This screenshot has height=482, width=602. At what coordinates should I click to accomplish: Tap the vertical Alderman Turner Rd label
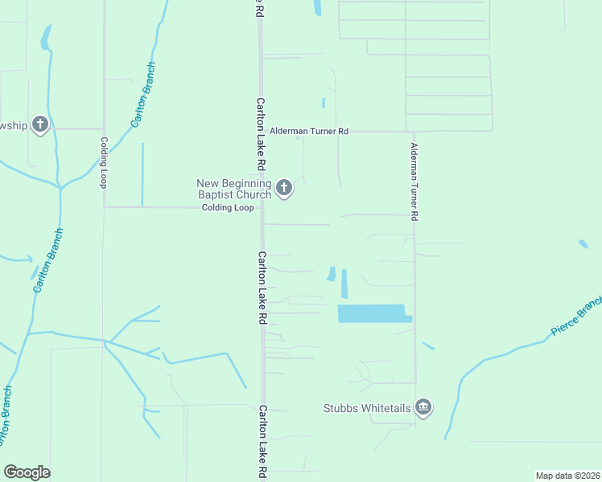point(414,182)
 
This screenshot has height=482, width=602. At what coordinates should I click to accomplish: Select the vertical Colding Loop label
point(104,162)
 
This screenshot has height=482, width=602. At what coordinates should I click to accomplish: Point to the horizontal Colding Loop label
point(228,207)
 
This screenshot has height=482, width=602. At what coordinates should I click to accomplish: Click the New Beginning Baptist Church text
point(234,189)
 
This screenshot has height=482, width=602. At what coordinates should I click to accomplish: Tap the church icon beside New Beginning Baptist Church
point(283,189)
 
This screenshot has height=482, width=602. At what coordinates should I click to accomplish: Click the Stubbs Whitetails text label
point(367,409)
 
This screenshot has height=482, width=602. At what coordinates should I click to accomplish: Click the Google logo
point(27,472)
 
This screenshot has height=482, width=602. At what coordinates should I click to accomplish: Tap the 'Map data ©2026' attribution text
point(567,476)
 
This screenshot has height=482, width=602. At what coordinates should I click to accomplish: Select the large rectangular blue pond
point(372,313)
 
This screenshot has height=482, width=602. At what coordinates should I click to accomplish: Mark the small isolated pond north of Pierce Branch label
point(583,243)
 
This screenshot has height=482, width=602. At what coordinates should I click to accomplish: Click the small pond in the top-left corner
point(46,37)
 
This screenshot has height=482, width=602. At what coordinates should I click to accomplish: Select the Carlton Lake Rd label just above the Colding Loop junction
point(261,134)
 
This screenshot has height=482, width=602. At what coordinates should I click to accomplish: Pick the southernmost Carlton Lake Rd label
point(262,443)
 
